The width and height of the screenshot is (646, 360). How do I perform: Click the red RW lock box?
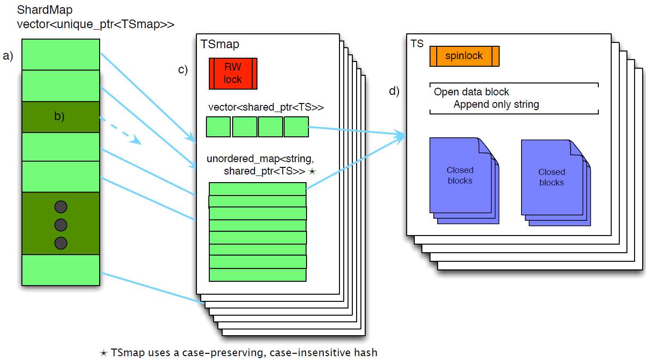[x=233, y=73]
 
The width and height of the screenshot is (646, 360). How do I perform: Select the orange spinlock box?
[x=464, y=56]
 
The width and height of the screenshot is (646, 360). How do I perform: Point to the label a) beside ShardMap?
[x=8, y=56]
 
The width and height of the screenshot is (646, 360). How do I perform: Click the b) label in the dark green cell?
[x=59, y=116]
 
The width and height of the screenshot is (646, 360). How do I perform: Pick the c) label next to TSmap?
[x=183, y=70]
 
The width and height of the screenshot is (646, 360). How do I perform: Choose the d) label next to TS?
[x=394, y=92]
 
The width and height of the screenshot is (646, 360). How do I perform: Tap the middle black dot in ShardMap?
[x=61, y=225]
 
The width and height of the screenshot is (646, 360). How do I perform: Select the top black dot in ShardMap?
[x=61, y=207]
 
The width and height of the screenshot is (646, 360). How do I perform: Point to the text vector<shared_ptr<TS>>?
[x=266, y=107]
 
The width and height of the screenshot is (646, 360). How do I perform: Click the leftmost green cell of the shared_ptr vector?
[x=218, y=127]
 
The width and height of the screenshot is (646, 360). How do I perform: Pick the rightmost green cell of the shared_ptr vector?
[x=296, y=127]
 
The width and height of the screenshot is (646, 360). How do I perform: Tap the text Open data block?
[x=472, y=92]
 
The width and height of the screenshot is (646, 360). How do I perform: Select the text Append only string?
[x=496, y=104]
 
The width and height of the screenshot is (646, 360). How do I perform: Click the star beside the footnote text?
[x=103, y=353]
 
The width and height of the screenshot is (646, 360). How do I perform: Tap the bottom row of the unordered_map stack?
[x=257, y=275]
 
